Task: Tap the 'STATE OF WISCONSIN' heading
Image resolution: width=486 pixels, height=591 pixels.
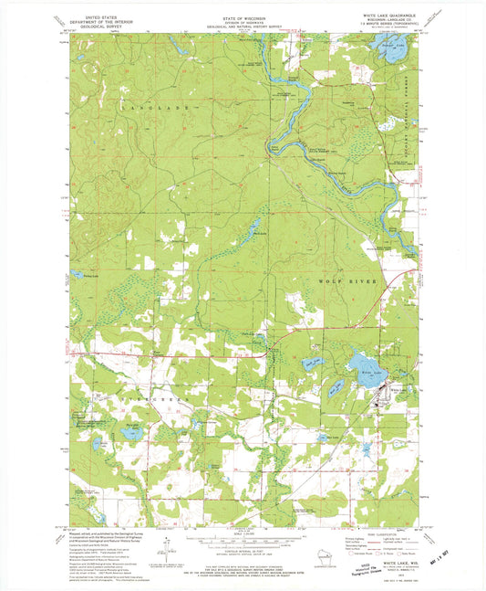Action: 244,17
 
